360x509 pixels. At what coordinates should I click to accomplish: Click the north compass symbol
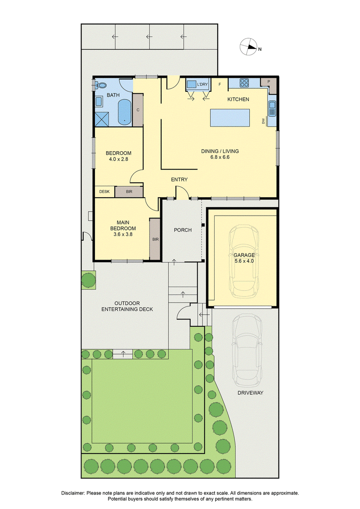(x=249, y=47)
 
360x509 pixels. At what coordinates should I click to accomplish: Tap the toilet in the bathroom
(x=101, y=86)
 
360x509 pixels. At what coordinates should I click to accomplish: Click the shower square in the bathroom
(x=102, y=118)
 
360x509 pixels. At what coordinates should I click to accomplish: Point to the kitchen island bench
(x=230, y=117)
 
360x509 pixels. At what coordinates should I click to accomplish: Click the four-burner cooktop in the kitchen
(x=244, y=83)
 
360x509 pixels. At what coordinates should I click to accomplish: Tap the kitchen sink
(x=272, y=108)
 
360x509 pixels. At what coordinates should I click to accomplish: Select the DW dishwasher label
(x=264, y=122)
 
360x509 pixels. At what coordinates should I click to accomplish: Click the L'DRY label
(x=202, y=85)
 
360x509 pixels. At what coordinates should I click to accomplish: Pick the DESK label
(x=104, y=192)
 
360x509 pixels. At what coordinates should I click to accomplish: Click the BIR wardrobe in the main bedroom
(x=155, y=239)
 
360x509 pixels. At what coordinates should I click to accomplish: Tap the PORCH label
(x=183, y=230)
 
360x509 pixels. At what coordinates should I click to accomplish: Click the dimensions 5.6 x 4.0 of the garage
(x=244, y=261)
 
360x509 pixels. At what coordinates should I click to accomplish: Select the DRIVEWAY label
(x=250, y=393)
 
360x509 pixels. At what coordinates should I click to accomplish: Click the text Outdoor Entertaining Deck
(x=127, y=306)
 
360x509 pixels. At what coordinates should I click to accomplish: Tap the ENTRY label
(x=179, y=180)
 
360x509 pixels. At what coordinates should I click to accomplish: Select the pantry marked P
(x=269, y=83)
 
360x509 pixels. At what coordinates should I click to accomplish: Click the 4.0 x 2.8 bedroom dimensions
(x=118, y=159)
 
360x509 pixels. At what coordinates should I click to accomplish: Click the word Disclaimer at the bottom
(x=73, y=493)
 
